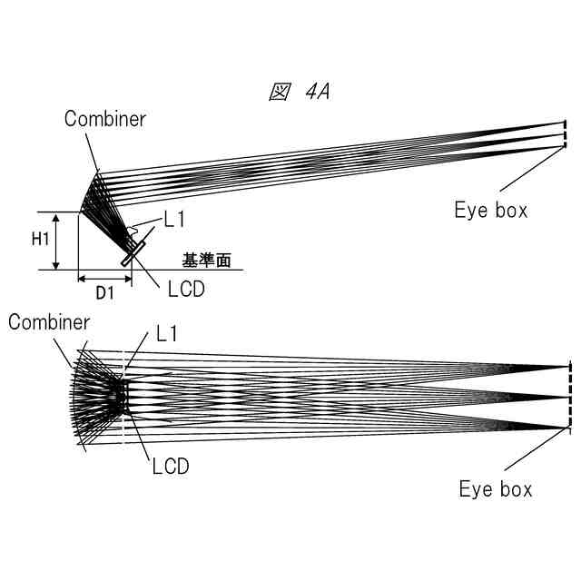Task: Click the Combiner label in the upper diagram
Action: [104, 119]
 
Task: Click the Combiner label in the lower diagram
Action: [49, 322]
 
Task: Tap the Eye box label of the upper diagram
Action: [491, 211]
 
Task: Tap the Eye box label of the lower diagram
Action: [496, 489]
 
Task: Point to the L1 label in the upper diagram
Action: [174, 219]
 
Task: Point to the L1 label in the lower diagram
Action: [166, 334]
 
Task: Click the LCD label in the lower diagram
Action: [170, 467]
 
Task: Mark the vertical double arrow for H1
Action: [57, 241]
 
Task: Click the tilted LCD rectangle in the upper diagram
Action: [136, 253]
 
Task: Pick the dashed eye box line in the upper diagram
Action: [565, 134]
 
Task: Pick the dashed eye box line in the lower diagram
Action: [570, 397]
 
